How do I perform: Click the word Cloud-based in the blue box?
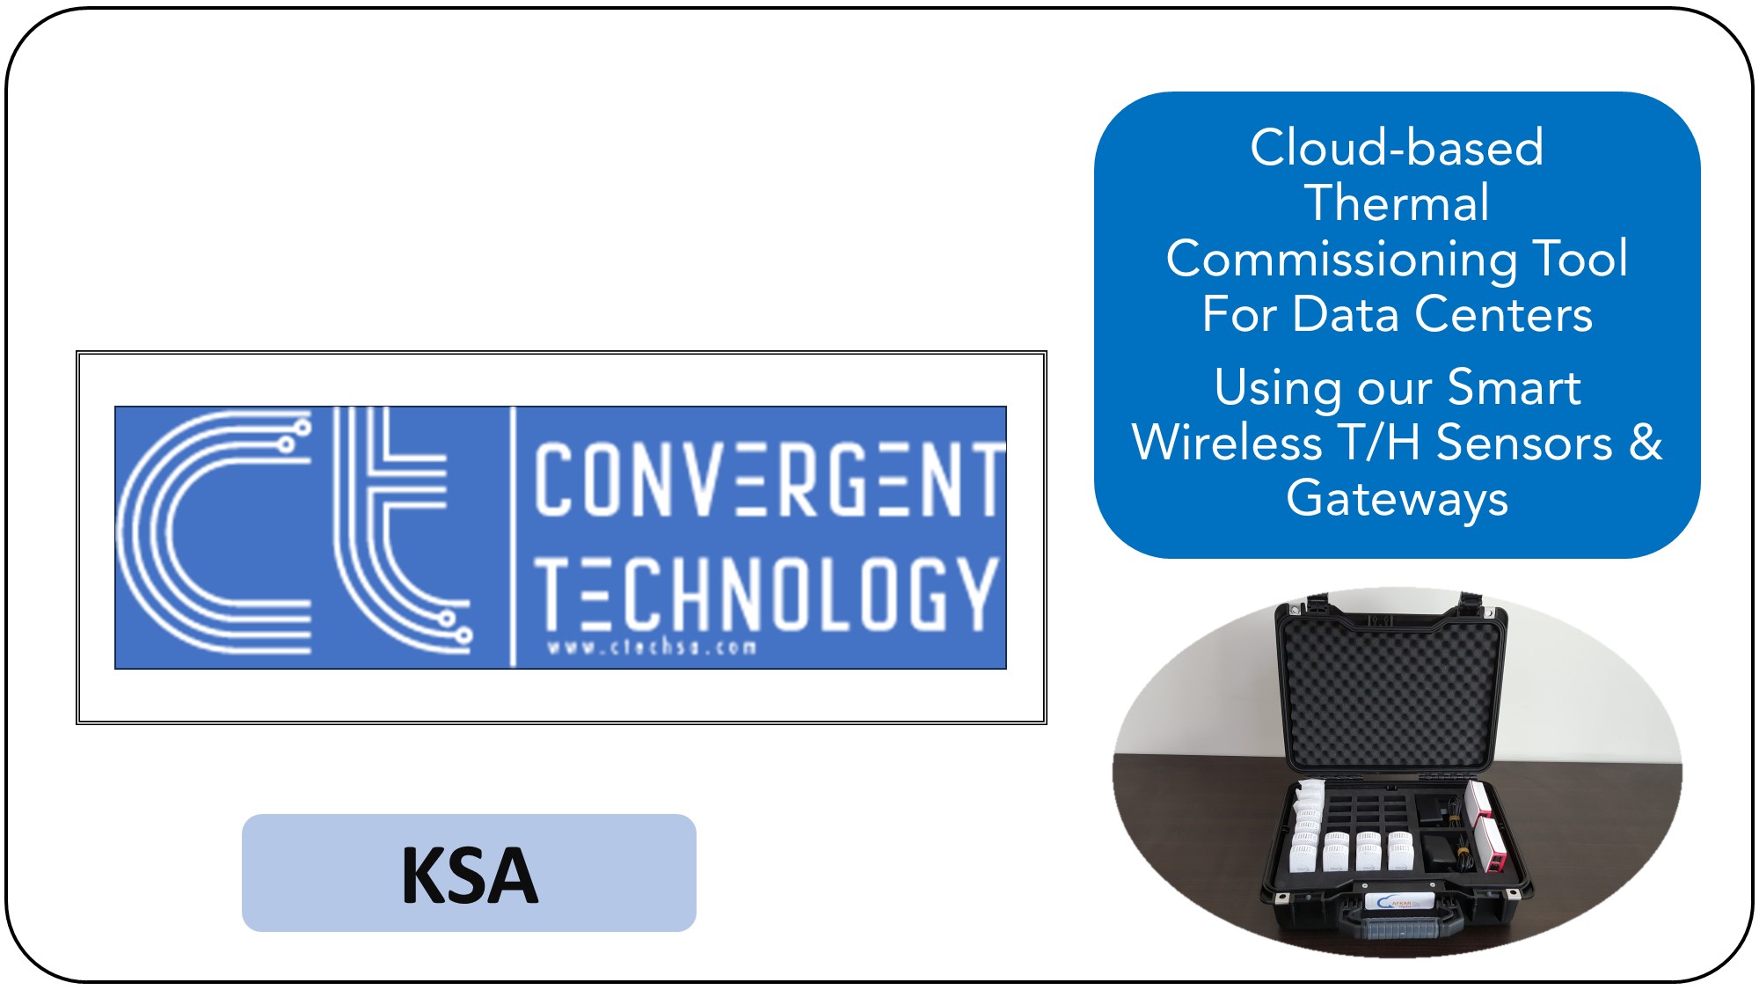pos(1397,148)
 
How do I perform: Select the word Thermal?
pos(1397,203)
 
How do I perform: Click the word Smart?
pos(1514,388)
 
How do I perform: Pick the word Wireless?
pos(1227,443)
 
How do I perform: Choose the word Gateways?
pos(1397,499)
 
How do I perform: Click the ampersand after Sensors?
pos(1646,443)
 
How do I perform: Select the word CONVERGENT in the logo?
pos(769,480)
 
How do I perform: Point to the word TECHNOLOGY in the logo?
pos(765,594)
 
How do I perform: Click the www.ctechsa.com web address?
pos(652,649)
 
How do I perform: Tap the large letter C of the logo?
pos(215,532)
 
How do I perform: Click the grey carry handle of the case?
pos(1404,928)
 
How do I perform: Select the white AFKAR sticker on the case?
pos(1398,903)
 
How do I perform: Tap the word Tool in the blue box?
pos(1580,260)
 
